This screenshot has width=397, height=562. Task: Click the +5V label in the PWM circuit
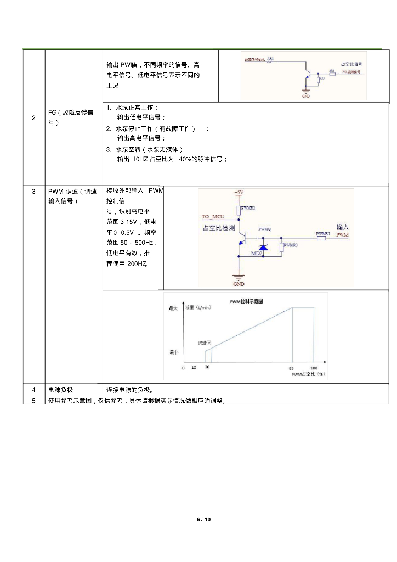click(239, 192)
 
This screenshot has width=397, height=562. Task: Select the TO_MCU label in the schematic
click(213, 216)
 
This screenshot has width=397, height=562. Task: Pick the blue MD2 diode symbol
click(263, 249)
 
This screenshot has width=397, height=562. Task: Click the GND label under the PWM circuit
click(239, 284)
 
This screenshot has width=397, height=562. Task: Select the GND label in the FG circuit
click(305, 97)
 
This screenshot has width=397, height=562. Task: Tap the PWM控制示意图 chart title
click(247, 301)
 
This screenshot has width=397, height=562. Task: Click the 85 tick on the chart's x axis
click(291, 368)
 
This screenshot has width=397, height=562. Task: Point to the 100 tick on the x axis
click(314, 368)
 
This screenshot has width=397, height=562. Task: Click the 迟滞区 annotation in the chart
click(205, 342)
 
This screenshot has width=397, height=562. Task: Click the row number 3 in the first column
click(33, 192)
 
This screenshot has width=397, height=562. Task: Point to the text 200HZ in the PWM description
click(137, 263)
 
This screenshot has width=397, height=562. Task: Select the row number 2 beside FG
click(33, 118)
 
